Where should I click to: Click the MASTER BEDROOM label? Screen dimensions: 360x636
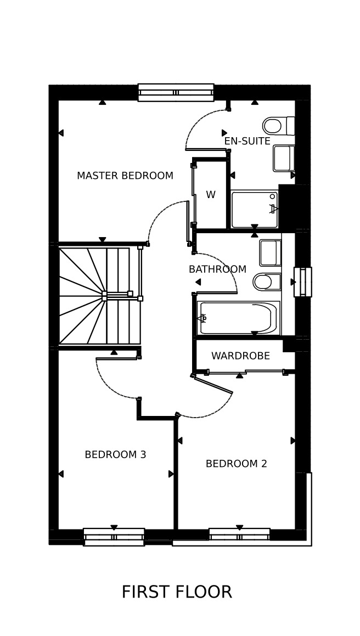pyautogui.click(x=125, y=176)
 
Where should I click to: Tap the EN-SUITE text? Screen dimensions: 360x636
pyautogui.click(x=247, y=141)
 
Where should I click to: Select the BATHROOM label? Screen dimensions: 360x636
pyautogui.click(x=217, y=269)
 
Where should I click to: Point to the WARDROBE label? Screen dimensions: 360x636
pyautogui.click(x=241, y=356)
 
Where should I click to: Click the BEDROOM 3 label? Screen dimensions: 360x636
pyautogui.click(x=115, y=455)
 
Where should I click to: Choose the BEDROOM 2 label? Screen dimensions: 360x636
pyautogui.click(x=237, y=464)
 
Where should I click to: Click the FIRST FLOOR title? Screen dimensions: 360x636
pyautogui.click(x=177, y=592)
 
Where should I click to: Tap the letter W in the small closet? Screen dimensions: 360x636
pyautogui.click(x=211, y=195)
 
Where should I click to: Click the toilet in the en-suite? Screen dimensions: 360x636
pyautogui.click(x=278, y=126)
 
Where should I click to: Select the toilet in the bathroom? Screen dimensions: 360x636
pyautogui.click(x=267, y=282)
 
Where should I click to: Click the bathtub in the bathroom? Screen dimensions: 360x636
pyautogui.click(x=239, y=318)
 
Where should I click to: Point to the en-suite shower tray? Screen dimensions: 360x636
pyautogui.click(x=255, y=209)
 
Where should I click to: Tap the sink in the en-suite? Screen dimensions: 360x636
pyautogui.click(x=284, y=158)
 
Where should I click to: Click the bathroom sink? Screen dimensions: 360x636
pyautogui.click(x=271, y=252)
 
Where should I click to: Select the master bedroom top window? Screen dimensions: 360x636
pyautogui.click(x=176, y=93)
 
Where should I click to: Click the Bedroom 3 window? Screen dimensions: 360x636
pyautogui.click(x=114, y=537)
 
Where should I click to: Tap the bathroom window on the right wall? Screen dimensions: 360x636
pyautogui.click(x=303, y=282)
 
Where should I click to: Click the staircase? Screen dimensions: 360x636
pyautogui.click(x=100, y=296)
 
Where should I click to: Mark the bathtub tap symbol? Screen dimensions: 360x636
pyautogui.click(x=202, y=318)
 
